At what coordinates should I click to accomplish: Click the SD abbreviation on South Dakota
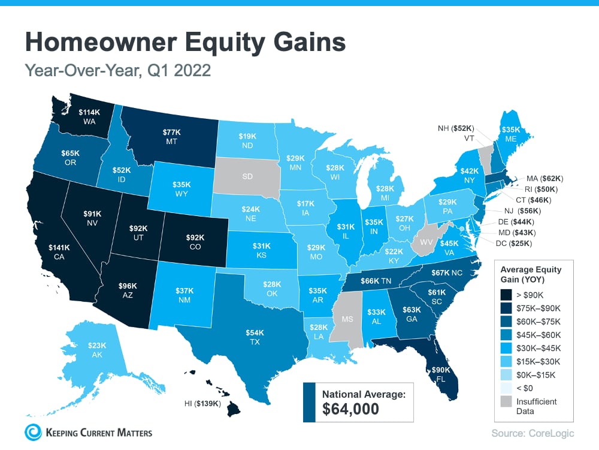pyautogui.click(x=246, y=177)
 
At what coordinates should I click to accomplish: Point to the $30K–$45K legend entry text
pyautogui.click(x=542, y=349)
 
